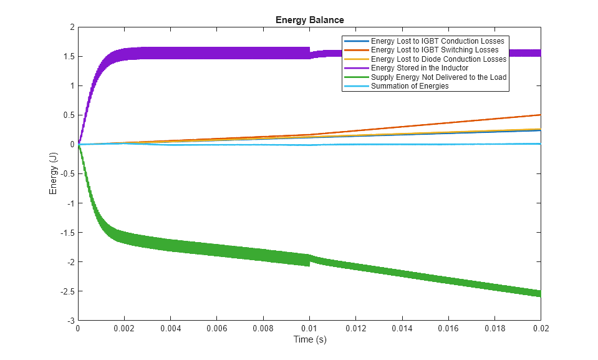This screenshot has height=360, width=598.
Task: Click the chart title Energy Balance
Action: [309, 20]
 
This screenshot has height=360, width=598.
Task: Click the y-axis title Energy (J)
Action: [54, 173]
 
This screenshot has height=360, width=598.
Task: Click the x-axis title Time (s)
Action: [309, 340]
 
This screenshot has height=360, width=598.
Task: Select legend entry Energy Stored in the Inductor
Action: [419, 68]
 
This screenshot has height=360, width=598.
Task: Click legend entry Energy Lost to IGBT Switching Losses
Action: [434, 50]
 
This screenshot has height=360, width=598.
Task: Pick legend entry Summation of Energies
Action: [409, 86]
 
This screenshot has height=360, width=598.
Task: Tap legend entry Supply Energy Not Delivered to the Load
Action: [438, 77]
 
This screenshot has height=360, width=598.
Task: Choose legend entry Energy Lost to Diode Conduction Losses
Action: [438, 59]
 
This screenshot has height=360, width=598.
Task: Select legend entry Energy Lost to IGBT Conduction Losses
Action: [436, 41]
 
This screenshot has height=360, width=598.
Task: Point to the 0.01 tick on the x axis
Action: [309, 320]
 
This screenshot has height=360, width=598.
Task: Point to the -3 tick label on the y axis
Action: [70, 321]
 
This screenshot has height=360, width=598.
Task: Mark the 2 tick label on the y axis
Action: [72, 27]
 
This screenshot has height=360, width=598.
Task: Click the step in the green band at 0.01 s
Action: [310, 260]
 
